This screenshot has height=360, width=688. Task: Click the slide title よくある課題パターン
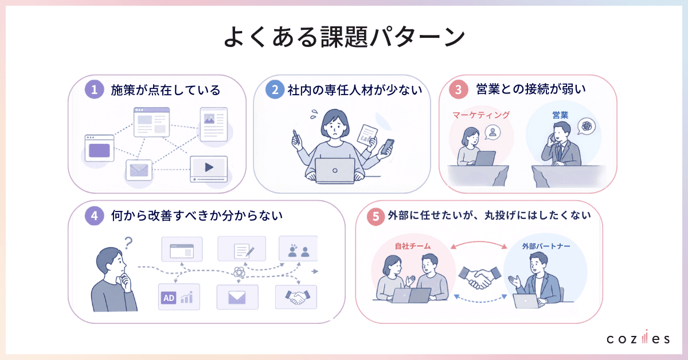tap(344, 37)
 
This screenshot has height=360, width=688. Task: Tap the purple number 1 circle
tap(94, 89)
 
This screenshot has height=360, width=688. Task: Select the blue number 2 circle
tap(275, 89)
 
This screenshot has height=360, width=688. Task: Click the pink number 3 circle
tap(458, 89)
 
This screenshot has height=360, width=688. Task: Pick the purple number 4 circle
tap(94, 216)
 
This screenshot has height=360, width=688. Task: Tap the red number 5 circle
tap(376, 216)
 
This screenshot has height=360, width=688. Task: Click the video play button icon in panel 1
tap(209, 167)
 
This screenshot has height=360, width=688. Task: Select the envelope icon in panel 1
tap(139, 170)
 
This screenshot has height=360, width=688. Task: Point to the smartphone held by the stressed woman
tap(387, 147)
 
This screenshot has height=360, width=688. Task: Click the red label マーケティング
tap(481, 115)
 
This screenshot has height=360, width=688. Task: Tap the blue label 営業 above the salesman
tap(560, 115)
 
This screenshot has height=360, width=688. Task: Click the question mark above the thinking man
tap(128, 242)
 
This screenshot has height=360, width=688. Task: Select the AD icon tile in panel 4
tap(179, 297)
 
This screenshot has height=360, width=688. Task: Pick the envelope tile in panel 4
tap(237, 297)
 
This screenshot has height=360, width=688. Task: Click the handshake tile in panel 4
tap(296, 297)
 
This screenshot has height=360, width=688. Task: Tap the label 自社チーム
tap(413, 246)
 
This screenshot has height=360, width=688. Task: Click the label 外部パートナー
tap(546, 246)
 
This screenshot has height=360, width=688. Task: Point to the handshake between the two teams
tap(480, 277)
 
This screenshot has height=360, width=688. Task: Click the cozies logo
tap(638, 337)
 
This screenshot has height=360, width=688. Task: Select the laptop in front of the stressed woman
tap(335, 171)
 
